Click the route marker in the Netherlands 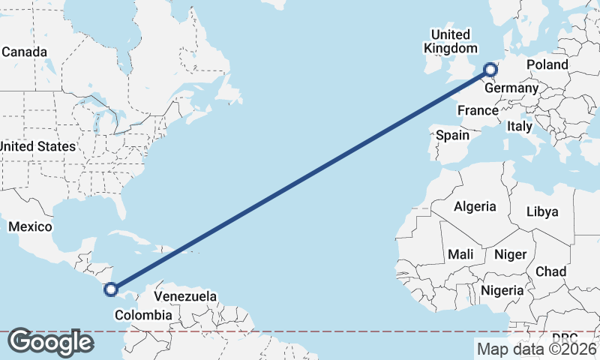491,70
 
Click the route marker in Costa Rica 111,289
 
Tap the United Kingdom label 450,41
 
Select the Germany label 511,88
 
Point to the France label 478,110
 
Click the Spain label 452,136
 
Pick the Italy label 520,127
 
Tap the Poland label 547,65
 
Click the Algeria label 475,206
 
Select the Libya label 542,211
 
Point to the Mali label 460,255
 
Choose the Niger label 510,255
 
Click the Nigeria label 502,290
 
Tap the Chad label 550,271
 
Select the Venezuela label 185,296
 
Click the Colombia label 142,316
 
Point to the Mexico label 30,226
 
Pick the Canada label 25,52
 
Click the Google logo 50,342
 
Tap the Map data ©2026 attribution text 536,349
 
